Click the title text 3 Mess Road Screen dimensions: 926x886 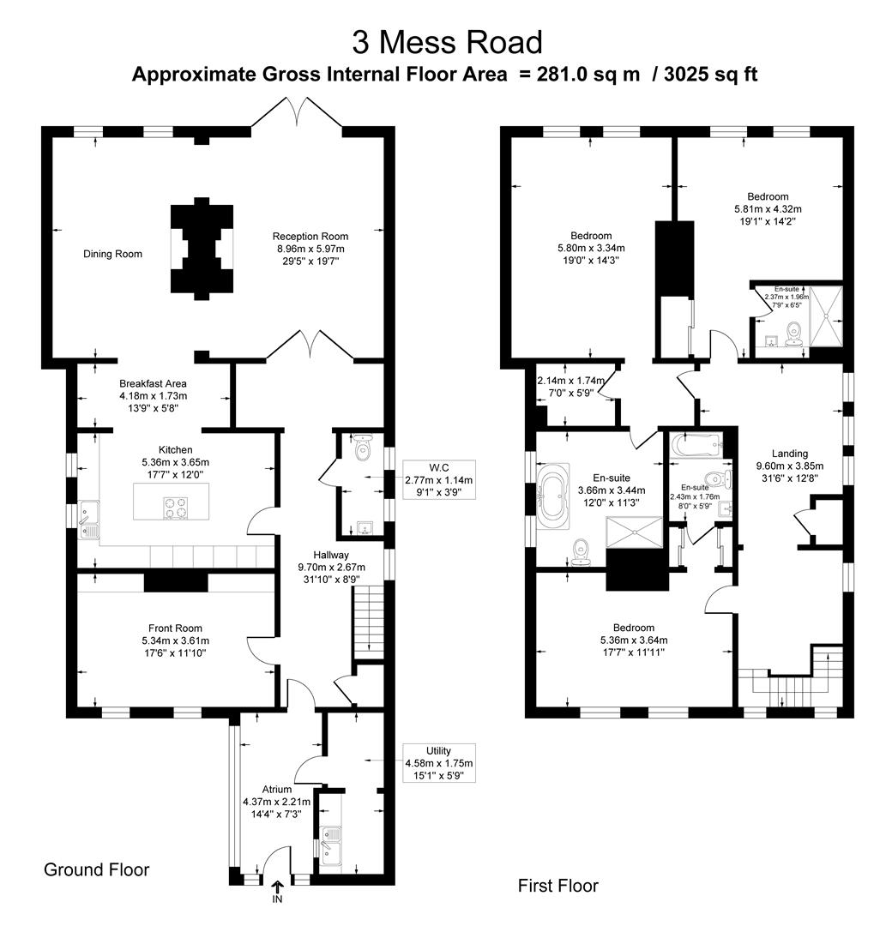pos(447,42)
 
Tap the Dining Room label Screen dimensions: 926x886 pos(112,254)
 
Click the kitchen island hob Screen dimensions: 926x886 pos(175,508)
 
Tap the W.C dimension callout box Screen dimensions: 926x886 pos(438,480)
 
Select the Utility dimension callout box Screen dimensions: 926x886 pos(438,763)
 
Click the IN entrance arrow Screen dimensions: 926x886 pos(277,891)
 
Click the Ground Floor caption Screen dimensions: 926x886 pos(96,870)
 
